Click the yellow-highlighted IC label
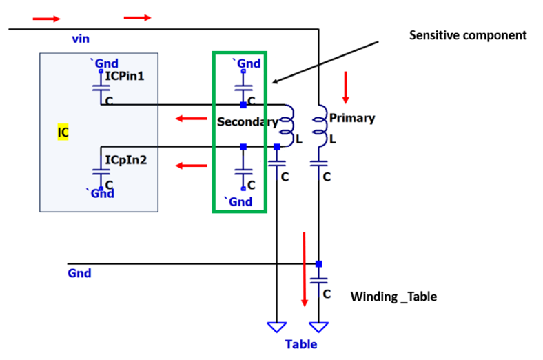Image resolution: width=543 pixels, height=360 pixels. pos(63,132)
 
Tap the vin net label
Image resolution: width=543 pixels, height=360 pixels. pos(81,39)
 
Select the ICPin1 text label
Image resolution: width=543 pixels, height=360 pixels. pos(124,76)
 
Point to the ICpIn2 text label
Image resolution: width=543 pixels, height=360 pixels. pos(125,160)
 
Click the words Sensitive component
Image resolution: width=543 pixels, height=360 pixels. pos(468,35)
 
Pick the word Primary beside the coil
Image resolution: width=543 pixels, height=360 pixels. pos(352,118)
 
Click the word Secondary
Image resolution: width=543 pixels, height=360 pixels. pos(247,121)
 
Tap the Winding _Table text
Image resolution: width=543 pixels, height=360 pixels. pos(393,297)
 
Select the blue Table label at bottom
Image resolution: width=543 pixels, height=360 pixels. pos(301,344)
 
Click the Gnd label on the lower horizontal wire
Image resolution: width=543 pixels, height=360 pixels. pos(79,273)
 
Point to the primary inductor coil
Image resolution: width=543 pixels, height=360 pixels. pos(320,126)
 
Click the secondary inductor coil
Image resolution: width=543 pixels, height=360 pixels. pos(287,126)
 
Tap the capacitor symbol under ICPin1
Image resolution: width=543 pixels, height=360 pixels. pos(101,88)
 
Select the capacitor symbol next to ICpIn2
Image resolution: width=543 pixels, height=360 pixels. pos(101,172)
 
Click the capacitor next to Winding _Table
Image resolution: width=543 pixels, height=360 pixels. pos(318,281)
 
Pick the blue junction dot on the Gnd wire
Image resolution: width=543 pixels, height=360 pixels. pos(318,264)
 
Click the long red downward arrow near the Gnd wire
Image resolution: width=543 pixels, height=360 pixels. pos(305,269)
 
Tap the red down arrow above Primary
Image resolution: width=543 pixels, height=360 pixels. pos(345,88)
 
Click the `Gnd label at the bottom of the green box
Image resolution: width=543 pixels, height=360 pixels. pos(238,201)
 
